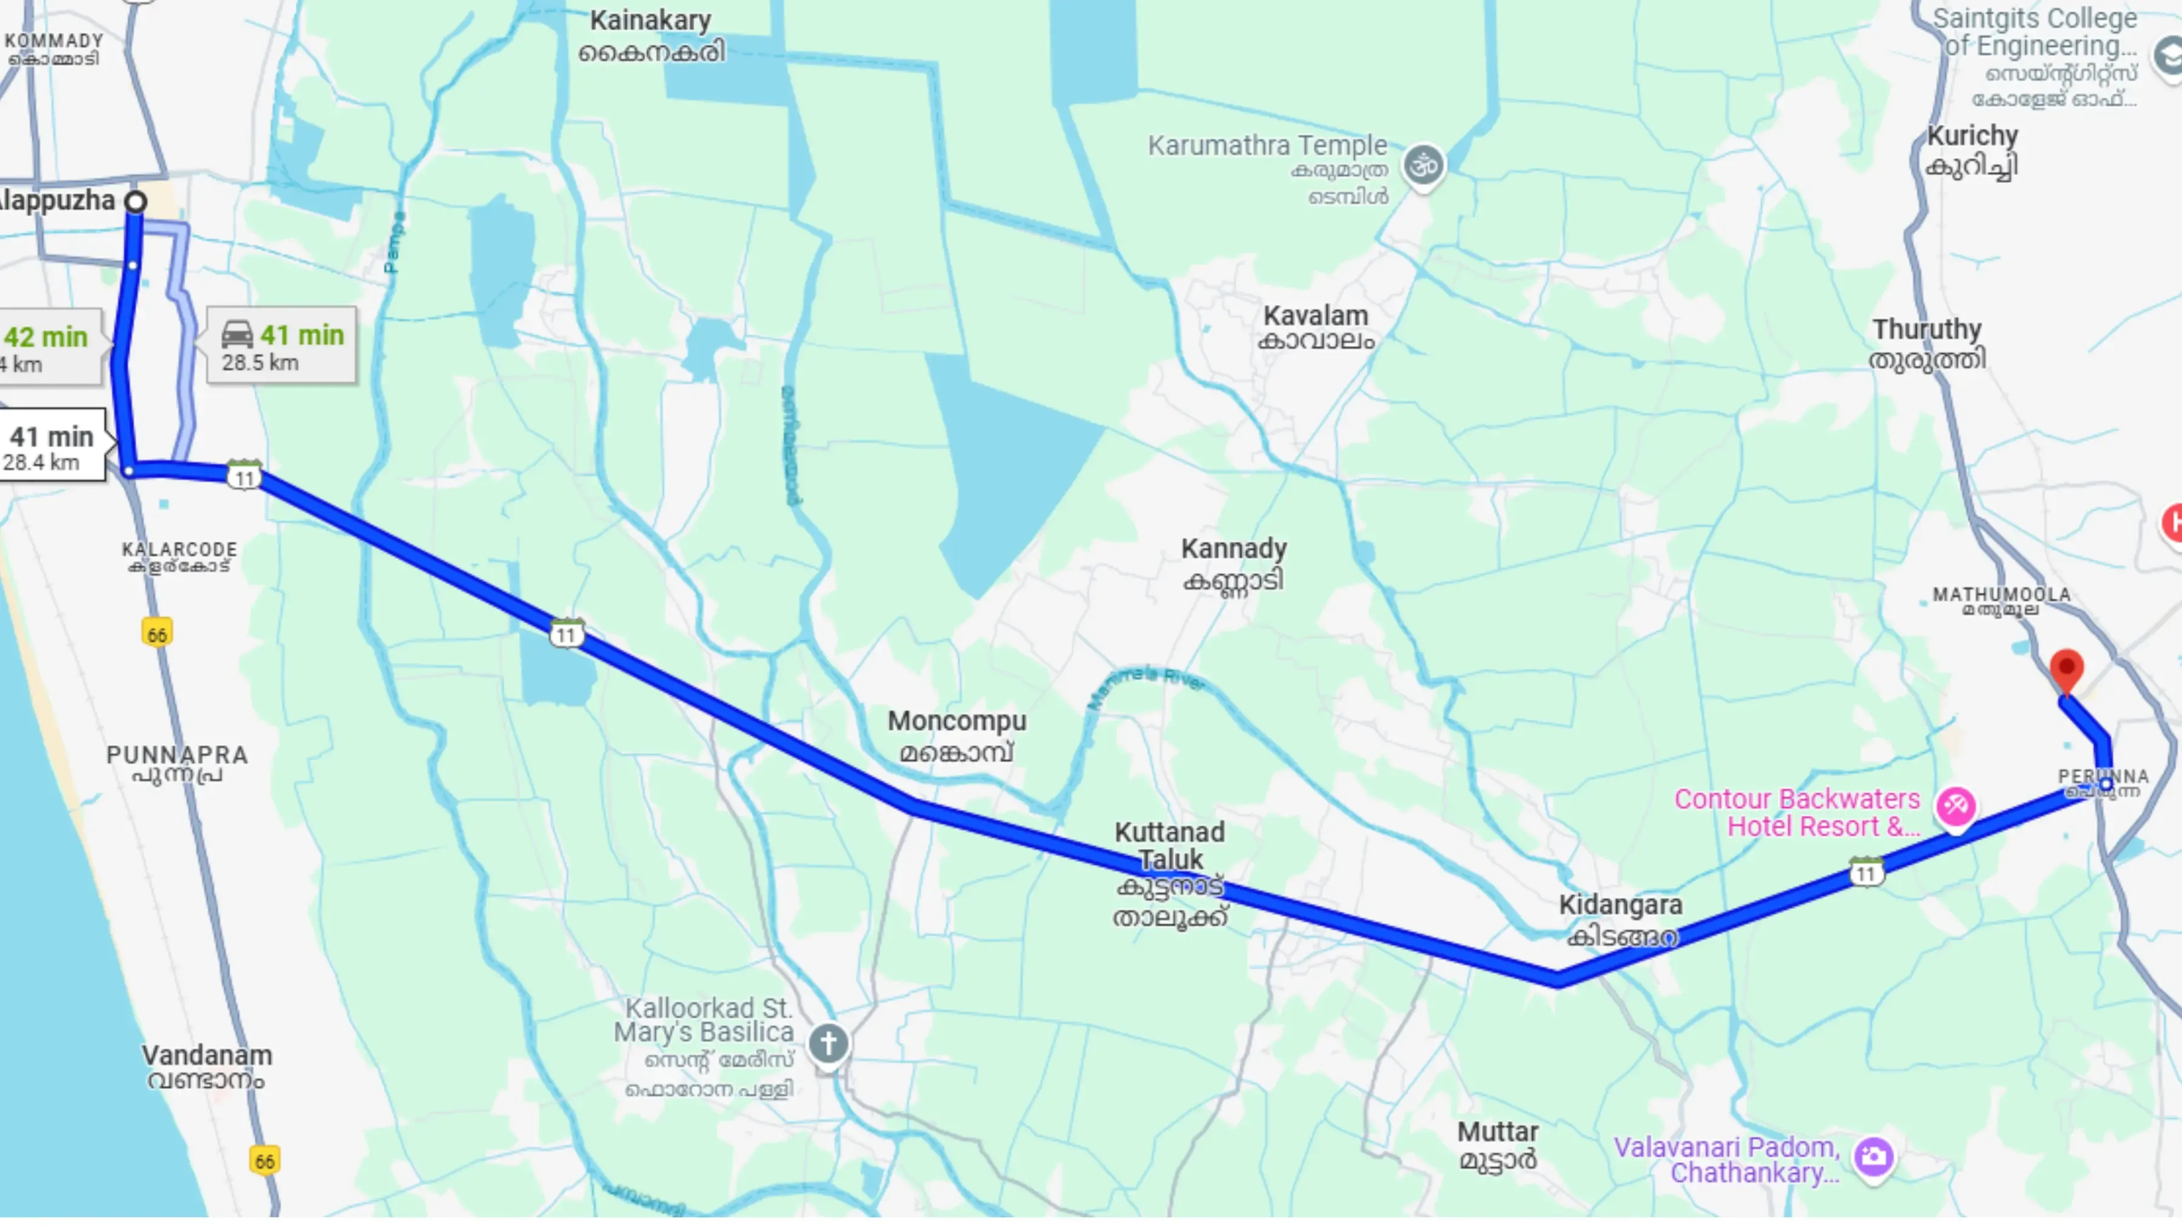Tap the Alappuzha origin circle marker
click(x=136, y=202)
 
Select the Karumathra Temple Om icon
click(x=1423, y=165)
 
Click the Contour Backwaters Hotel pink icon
click(x=1956, y=806)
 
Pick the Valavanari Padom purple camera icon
click(x=1873, y=1156)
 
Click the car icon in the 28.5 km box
click(x=237, y=334)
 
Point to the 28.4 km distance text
click(x=41, y=462)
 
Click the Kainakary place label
click(x=650, y=21)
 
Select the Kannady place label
click(x=1233, y=550)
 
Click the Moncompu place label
click(x=956, y=722)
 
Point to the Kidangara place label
click(x=1620, y=905)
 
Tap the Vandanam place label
click(x=207, y=1056)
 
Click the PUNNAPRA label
click(x=177, y=754)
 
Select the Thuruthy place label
click(x=1926, y=330)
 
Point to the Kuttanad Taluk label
click(x=1170, y=846)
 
